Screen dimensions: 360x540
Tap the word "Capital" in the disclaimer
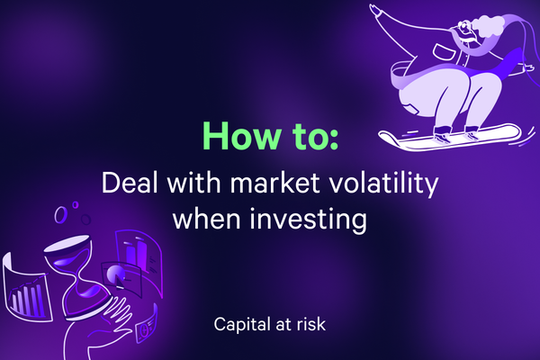pyautogui.click(x=237, y=324)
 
